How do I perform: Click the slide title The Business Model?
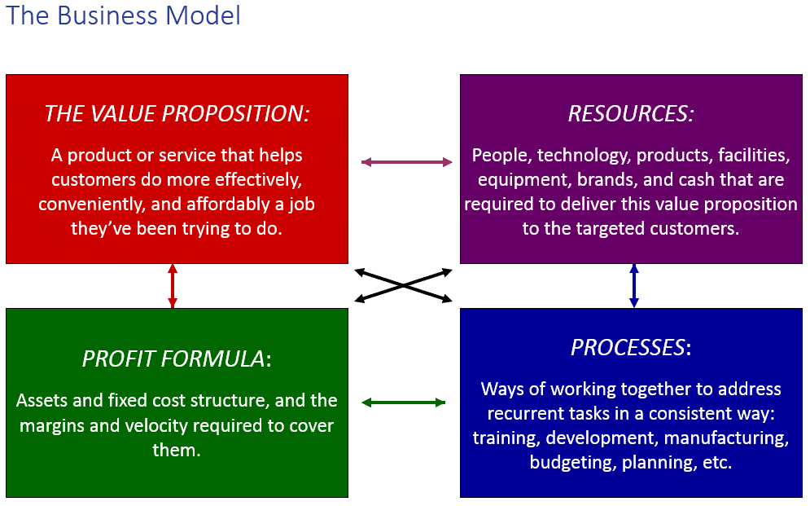coord(123,15)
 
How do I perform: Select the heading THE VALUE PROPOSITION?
coord(177,114)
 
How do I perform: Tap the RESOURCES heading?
coord(631,114)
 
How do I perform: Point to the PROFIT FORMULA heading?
coord(177,359)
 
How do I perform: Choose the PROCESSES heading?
coord(631,347)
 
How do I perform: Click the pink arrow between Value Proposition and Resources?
coord(406,162)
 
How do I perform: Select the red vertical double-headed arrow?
coord(173,286)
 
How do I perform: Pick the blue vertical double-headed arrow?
coord(634,286)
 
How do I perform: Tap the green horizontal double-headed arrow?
coord(404,403)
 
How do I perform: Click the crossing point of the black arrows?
coord(404,285)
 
